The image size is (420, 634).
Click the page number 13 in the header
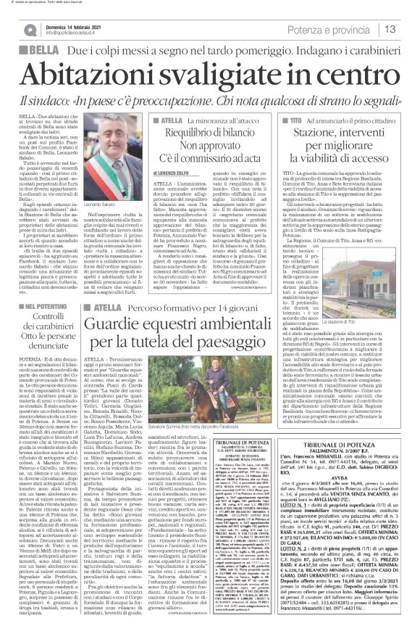coord(389,30)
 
